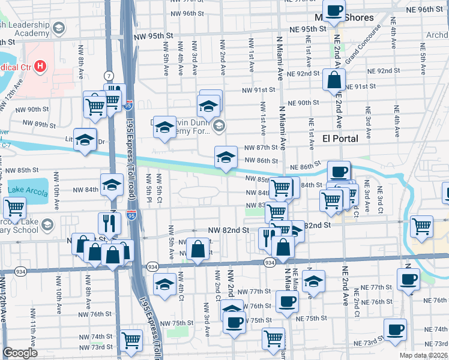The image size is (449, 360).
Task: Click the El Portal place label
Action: [340, 139]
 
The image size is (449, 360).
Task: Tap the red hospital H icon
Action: [41, 65]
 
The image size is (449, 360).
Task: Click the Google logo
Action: [20, 353]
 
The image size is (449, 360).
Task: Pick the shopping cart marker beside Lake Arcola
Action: [14, 208]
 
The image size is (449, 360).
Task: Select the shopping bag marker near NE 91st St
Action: [334, 79]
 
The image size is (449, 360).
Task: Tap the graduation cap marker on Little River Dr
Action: [85, 139]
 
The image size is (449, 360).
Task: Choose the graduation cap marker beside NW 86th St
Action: [225, 157]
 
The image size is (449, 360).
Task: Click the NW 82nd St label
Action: [228, 230]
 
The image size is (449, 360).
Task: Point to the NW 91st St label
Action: [258, 90]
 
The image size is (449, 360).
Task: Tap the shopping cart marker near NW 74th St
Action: [131, 340]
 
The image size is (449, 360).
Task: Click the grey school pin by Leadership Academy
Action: [59, 28]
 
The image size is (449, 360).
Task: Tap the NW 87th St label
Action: [259, 148]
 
